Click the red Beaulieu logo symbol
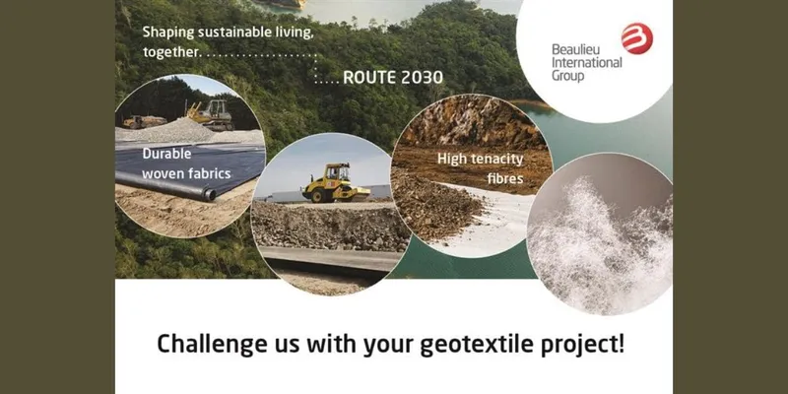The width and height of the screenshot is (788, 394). pos(637,38)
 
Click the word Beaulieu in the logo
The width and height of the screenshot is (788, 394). pos(570,50)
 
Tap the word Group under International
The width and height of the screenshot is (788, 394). pos(568,76)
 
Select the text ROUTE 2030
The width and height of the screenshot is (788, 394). pos(392,78)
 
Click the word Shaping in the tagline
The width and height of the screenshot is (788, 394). pos(167,33)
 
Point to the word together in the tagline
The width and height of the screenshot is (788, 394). pos(170,52)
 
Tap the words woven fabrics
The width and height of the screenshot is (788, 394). pos(186,174)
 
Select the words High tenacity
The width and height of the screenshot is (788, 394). pos(480,160)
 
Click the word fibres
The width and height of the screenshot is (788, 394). pos(505,179)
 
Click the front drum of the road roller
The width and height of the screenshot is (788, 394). pos(316,195)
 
